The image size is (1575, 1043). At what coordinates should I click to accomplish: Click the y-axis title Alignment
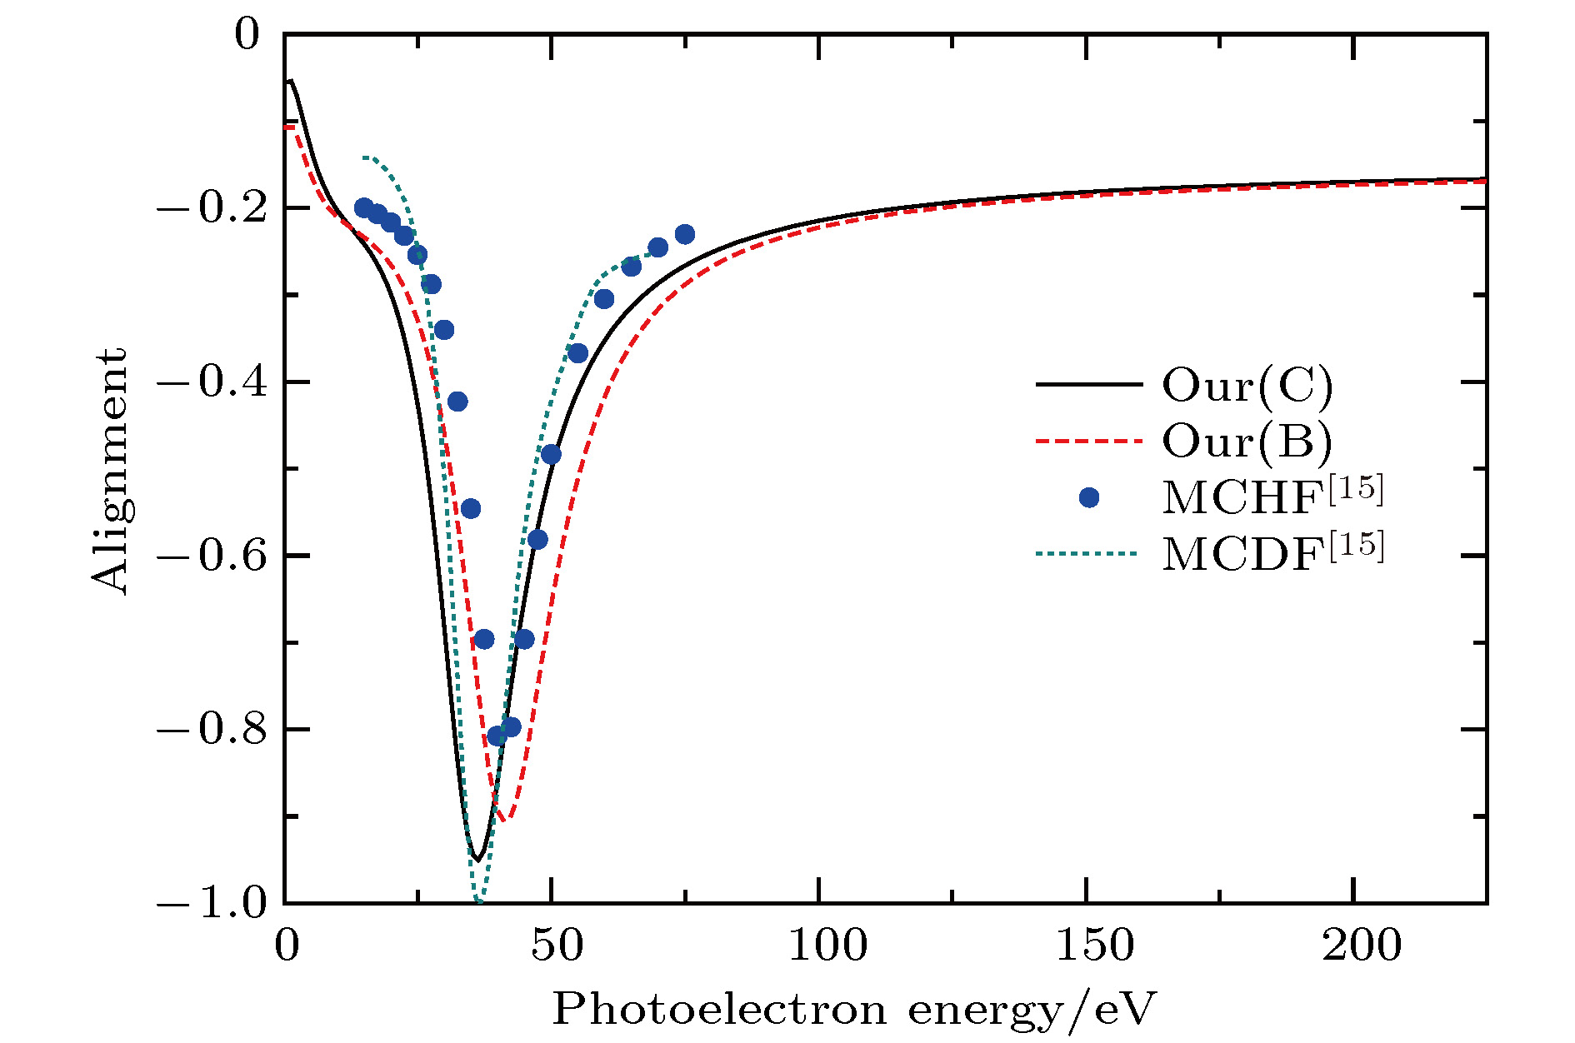point(110,472)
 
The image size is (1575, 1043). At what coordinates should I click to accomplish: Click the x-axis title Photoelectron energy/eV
point(854,1011)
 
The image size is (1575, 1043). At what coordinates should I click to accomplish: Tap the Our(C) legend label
point(1247,386)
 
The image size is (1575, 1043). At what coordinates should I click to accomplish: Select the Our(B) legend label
point(1247,441)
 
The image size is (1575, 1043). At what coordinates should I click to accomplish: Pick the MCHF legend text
point(1272,497)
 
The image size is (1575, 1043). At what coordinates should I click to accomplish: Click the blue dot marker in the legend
point(1088,497)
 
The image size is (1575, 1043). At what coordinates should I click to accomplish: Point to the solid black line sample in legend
point(1088,385)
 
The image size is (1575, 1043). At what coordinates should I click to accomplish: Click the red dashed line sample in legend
point(1088,441)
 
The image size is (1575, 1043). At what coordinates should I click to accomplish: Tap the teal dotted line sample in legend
point(1088,553)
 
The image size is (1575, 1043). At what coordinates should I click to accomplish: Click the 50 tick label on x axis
point(552,946)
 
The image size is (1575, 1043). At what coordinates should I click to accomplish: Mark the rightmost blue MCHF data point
point(685,234)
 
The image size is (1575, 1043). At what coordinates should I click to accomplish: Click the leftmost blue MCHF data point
point(364,207)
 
